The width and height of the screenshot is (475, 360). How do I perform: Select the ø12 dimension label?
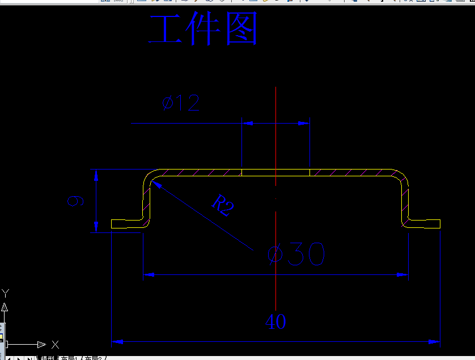pos(181,103)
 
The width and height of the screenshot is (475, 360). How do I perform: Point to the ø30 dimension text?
pos(296,255)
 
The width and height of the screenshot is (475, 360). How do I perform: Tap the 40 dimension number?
pos(275,322)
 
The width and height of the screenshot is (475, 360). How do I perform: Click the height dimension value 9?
pos(75,201)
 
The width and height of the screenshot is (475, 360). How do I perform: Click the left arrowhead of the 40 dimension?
pos(116,342)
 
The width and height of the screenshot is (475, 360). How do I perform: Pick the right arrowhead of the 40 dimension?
pos(435,342)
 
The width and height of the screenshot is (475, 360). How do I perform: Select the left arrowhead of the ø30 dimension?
pos(148,276)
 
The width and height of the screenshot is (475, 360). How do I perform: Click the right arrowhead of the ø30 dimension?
pos(403,276)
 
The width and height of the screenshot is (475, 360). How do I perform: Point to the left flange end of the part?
pos(113,224)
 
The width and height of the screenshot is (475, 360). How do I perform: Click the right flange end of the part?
pos(439,224)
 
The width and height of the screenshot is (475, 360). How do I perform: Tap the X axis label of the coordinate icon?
pos(55,344)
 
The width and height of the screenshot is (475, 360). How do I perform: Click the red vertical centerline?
pos(275,142)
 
